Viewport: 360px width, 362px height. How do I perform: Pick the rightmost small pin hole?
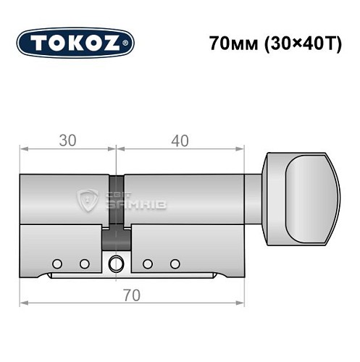[x=173, y=263]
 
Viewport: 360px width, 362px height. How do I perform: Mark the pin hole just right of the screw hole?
[x=148, y=263]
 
